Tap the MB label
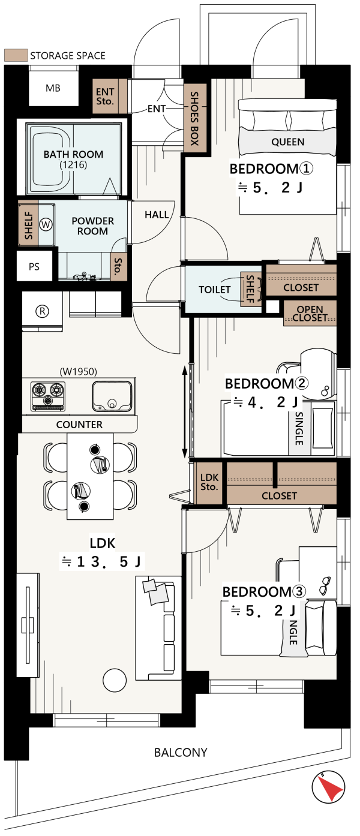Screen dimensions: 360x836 [53, 88]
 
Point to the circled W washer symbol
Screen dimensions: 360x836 [46, 225]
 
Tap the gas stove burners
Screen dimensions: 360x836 [48, 395]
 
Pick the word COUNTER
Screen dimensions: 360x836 [79, 425]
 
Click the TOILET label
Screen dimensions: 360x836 [214, 290]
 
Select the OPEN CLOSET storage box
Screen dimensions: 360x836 [310, 314]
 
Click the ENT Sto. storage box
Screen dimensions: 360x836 [106, 97]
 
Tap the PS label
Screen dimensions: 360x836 [34, 267]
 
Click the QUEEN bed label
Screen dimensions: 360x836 [287, 142]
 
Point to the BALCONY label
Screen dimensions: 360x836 [181, 752]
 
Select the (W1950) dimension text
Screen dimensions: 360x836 [79, 371]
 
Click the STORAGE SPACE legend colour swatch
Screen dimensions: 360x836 [16, 55]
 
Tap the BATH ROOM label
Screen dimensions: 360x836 [74, 154]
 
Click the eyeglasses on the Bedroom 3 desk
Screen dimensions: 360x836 [325, 585]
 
